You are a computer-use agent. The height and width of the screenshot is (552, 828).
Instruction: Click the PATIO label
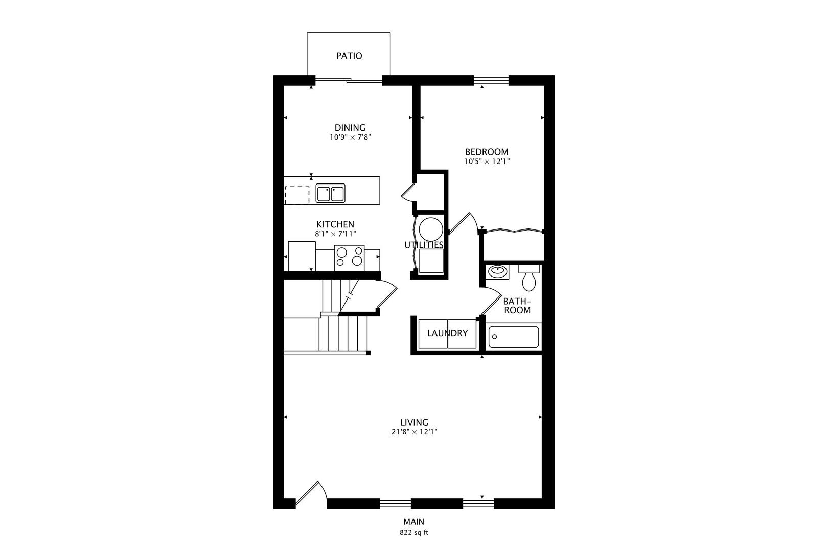pyautogui.click(x=349, y=56)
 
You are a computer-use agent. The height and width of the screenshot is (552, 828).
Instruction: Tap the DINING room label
pyautogui.click(x=350, y=128)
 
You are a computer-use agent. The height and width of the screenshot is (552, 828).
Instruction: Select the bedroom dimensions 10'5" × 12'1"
pyautogui.click(x=487, y=162)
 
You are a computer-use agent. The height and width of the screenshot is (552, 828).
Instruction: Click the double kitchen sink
pyautogui.click(x=330, y=193)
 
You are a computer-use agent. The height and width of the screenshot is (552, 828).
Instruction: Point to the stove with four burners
pyautogui.click(x=349, y=258)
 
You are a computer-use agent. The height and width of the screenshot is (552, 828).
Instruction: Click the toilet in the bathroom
pyautogui.click(x=529, y=278)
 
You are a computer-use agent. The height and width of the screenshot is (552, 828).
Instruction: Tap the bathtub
pyautogui.click(x=514, y=336)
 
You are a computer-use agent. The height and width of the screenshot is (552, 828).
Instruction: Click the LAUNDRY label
pyautogui.click(x=447, y=333)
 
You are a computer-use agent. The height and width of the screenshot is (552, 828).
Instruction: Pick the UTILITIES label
pyautogui.click(x=424, y=245)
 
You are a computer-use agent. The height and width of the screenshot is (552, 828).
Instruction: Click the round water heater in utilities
pyautogui.click(x=431, y=229)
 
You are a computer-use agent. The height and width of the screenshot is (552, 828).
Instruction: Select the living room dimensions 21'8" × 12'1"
pyautogui.click(x=415, y=432)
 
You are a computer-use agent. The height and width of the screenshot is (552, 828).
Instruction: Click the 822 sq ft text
pyautogui.click(x=414, y=533)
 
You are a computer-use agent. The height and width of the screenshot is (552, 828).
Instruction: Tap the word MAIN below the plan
pyautogui.click(x=414, y=522)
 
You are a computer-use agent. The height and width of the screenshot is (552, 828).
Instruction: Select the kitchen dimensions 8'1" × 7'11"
pyautogui.click(x=335, y=234)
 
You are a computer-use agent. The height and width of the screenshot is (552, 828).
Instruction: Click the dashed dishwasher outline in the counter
pyautogui.click(x=297, y=195)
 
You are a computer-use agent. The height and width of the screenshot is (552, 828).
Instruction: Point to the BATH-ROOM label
pyautogui.click(x=517, y=306)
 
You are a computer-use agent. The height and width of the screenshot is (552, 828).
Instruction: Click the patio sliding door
pyautogui.click(x=348, y=79)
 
